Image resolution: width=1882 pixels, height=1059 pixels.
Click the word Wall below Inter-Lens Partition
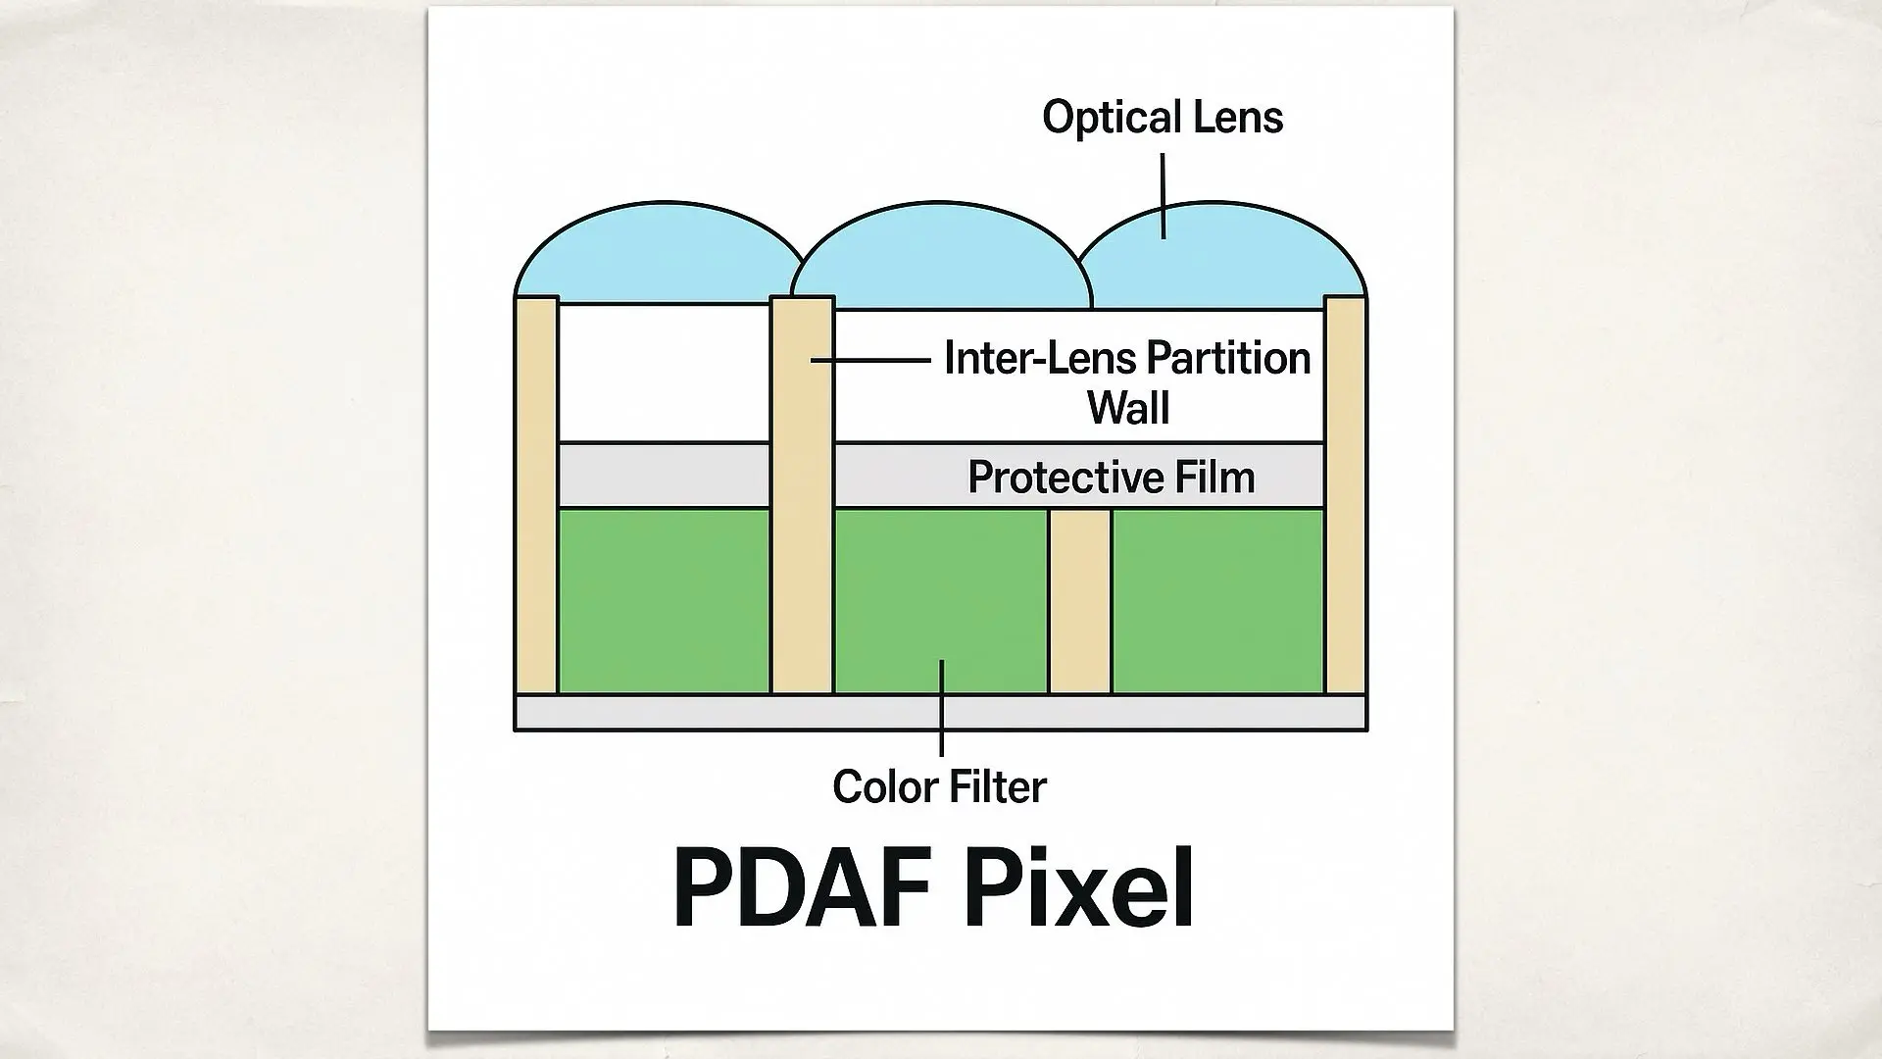[x=1127, y=407]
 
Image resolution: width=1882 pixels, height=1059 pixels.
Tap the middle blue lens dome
[x=938, y=257]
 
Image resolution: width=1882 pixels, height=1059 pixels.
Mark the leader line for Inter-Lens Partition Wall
[x=869, y=361]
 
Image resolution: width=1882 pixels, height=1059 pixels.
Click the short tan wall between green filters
[x=1079, y=600]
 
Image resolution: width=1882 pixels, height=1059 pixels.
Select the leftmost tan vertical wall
[x=536, y=495]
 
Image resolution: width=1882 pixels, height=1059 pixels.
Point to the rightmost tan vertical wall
[x=1345, y=495]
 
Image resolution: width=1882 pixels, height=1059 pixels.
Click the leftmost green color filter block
[x=663, y=600]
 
